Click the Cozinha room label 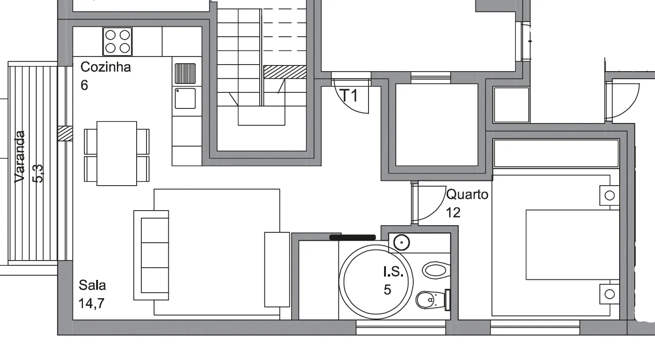point(106,67)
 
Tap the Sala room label point(92,285)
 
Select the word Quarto point(467,195)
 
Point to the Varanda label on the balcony point(20,157)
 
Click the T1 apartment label point(350,95)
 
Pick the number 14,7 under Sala point(91,303)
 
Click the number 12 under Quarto point(453,213)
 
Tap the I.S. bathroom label point(393,272)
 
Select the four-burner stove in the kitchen point(117,41)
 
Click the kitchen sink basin point(185,98)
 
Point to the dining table point(117,154)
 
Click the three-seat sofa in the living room point(151,255)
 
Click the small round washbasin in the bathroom point(401,243)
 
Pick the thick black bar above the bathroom point(352,237)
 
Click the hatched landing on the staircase point(285,72)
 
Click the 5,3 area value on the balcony point(38,174)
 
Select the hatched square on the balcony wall point(65,134)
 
